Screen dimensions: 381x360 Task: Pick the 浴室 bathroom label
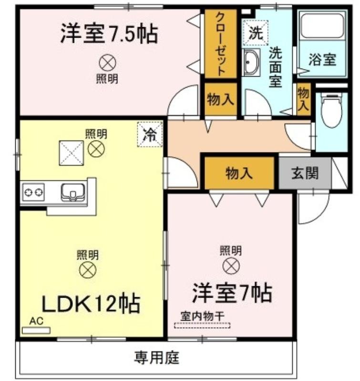(322, 60)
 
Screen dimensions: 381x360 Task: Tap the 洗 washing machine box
(255, 33)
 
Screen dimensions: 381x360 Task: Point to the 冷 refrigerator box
(150, 134)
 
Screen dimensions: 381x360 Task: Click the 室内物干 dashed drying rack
(202, 326)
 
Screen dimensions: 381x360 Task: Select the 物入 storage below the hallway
(239, 173)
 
